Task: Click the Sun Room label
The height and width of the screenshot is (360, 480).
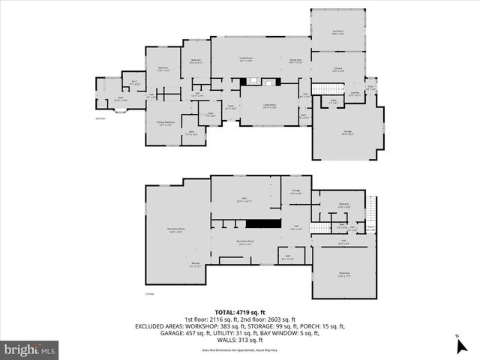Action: pos(337,32)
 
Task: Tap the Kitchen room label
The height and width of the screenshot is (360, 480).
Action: pos(337,70)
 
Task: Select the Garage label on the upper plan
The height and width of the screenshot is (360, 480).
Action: pos(348,133)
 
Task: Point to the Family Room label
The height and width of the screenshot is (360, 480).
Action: pos(245,61)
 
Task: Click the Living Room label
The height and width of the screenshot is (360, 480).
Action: pos(269,106)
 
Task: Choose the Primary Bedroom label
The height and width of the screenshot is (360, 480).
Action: pos(165,123)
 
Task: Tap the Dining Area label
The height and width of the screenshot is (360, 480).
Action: pos(295,61)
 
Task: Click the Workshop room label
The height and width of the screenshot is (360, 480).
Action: pos(344,275)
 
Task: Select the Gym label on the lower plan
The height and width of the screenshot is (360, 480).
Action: pos(242,200)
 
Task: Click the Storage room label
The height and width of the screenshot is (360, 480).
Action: pos(295,192)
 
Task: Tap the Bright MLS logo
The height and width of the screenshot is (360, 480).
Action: pos(30,349)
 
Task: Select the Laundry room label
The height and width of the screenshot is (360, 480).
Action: pos(355,94)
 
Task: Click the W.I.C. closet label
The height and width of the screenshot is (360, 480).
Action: pos(133,83)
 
